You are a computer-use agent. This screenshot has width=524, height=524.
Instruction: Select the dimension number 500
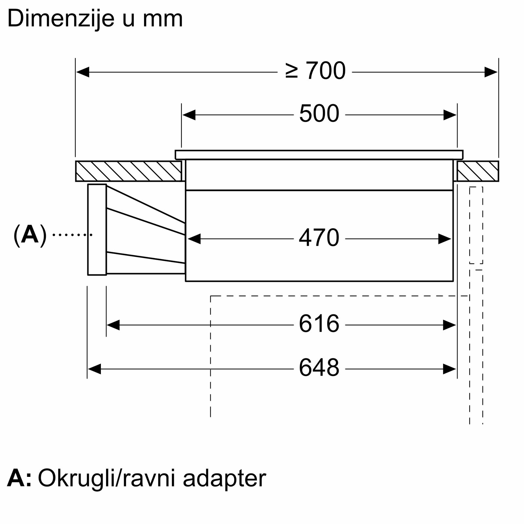(x=319, y=114)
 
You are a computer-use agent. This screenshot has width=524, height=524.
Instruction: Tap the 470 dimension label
(x=319, y=238)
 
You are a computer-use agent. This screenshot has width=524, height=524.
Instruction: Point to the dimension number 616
(x=319, y=324)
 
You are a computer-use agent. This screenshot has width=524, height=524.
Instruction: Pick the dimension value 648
(x=319, y=368)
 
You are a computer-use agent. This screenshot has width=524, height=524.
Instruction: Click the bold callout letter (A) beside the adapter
(x=30, y=235)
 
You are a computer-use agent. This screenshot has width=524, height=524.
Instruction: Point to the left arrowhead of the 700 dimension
(x=83, y=72)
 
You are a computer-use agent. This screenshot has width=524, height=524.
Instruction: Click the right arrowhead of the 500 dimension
(x=450, y=115)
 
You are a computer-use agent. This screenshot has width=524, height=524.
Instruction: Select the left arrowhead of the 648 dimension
(x=94, y=369)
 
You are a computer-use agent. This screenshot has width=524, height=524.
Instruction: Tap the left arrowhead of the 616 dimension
(x=113, y=325)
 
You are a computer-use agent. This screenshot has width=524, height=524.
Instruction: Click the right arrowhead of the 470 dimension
(x=445, y=239)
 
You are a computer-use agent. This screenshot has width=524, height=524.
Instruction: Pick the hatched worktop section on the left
(x=128, y=171)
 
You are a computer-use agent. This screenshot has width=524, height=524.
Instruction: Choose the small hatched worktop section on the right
(x=478, y=171)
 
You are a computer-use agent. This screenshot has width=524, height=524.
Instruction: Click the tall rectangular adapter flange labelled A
(x=97, y=229)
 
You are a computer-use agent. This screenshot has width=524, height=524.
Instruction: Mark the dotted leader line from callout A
(x=72, y=234)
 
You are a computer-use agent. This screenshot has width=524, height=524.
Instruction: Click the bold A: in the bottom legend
(x=19, y=479)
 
